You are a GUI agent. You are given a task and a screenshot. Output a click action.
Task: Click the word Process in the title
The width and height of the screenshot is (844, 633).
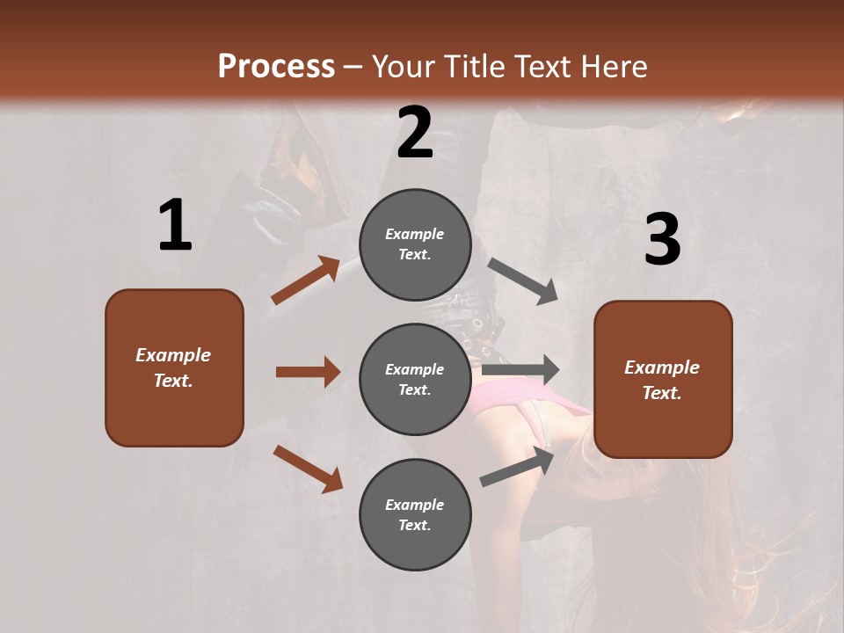[x=276, y=66]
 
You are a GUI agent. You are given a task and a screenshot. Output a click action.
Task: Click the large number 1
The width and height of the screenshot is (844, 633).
[x=175, y=226]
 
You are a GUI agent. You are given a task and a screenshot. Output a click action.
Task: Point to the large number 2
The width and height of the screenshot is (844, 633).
[x=415, y=133]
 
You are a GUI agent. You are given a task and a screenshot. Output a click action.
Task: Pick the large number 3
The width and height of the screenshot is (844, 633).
[x=662, y=239]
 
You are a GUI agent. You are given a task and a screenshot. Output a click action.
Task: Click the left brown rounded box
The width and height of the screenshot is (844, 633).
[x=174, y=367]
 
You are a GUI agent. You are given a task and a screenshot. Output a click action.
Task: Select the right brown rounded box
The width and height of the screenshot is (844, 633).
[x=663, y=379]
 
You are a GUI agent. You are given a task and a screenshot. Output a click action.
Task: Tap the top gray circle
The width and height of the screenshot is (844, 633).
[x=415, y=244]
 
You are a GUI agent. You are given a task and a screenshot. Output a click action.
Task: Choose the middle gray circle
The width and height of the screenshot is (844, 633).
[x=415, y=379]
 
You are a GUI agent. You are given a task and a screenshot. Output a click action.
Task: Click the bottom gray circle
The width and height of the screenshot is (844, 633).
[x=415, y=514]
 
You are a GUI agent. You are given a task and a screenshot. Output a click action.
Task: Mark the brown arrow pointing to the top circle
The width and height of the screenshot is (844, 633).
[x=306, y=280]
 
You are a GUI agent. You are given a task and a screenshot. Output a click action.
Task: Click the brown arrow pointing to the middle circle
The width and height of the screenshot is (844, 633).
[x=308, y=372]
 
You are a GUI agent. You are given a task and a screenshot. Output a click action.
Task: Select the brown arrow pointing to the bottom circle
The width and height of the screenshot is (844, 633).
[x=308, y=469]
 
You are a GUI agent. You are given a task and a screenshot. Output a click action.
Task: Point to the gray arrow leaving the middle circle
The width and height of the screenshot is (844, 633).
[x=520, y=370]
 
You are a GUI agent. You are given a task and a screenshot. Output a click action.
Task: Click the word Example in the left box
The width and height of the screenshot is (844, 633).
[x=173, y=355]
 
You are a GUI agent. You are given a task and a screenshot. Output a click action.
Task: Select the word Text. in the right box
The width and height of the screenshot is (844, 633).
[x=662, y=393]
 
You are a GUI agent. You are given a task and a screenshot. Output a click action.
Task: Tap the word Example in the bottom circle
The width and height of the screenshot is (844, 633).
[x=415, y=505]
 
